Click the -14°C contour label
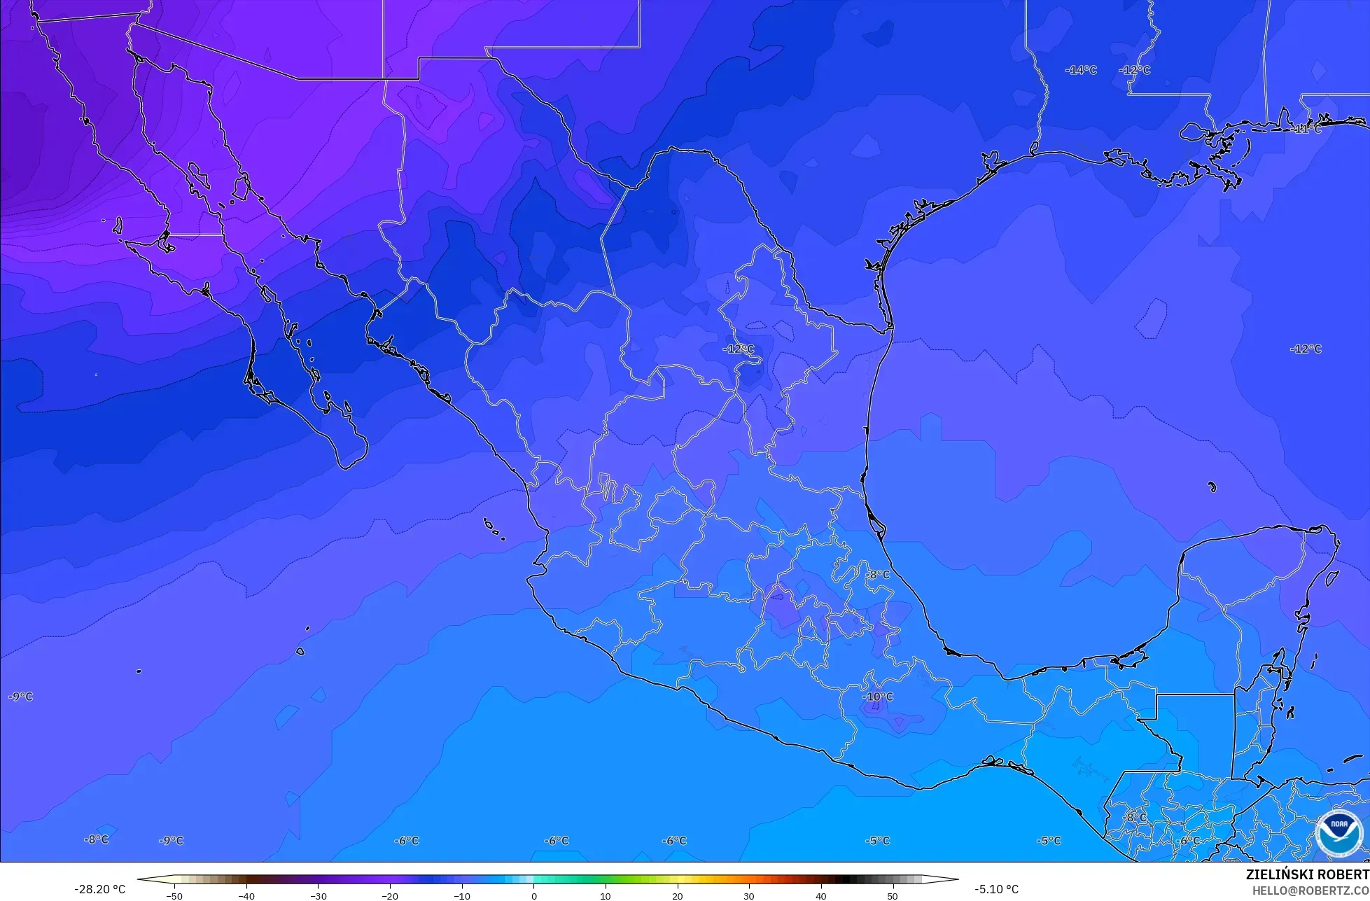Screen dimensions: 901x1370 pos(1081,70)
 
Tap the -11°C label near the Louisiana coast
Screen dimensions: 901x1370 pos(1306,129)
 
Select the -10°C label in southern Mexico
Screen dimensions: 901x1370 pos(878,697)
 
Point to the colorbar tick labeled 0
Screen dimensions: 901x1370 pos(533,895)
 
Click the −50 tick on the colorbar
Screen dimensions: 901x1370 pos(174,895)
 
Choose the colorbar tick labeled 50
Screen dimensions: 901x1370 pos(892,895)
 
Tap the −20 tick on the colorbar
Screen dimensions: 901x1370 pos(390,895)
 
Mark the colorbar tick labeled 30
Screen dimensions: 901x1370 pos(748,895)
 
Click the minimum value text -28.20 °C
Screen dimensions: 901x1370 pos(99,889)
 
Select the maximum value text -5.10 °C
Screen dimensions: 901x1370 pos(996,889)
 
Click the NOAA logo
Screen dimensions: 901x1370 pos(1339,833)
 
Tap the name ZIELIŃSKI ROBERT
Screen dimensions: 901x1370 pos(1307,874)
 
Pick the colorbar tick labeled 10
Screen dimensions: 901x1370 pos(605,895)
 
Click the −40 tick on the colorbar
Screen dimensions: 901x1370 pos(246,895)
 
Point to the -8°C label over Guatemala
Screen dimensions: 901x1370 pos(1135,817)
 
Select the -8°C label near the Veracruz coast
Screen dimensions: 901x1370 pos(877,575)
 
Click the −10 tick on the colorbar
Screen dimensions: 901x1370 pos(461,895)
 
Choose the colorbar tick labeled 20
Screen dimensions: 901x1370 pos(677,895)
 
